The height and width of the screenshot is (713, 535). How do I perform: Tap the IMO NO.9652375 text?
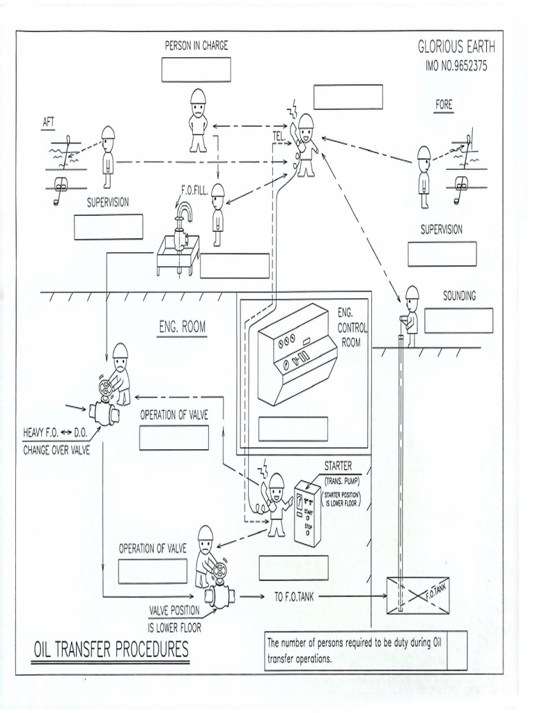(456, 67)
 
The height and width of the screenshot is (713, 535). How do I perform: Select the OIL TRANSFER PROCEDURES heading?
(111, 650)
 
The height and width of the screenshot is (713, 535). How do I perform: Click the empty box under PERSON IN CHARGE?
(196, 70)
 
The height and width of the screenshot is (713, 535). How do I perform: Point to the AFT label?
(49, 122)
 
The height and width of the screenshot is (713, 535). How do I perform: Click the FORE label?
(444, 104)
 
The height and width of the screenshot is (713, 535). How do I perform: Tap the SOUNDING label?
(459, 296)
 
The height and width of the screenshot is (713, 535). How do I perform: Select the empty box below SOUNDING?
(458, 320)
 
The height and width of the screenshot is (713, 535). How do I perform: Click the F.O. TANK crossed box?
(417, 595)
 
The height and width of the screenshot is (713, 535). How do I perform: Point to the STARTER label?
(338, 466)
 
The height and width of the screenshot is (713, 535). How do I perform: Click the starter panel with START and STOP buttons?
(307, 512)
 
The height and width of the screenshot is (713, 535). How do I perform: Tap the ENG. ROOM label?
(183, 327)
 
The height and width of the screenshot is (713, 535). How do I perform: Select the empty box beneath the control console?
(293, 429)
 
